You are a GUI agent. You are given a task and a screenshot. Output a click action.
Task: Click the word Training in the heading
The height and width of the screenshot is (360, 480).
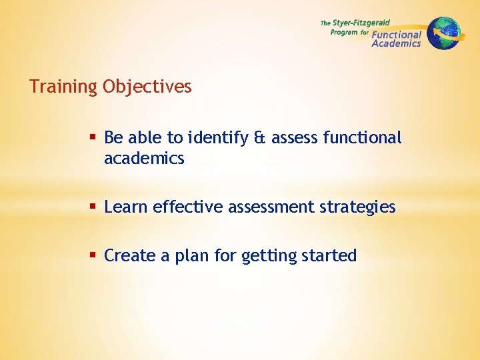pos(63,87)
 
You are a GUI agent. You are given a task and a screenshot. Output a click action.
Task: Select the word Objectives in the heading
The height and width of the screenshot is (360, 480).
pos(147,87)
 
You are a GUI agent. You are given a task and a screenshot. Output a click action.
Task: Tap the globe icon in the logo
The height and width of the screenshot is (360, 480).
pos(443,33)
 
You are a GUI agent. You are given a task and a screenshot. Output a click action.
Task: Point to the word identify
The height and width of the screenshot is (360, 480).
pos(217,138)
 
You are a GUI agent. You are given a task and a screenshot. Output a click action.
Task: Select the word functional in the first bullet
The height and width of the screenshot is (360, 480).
pos(362,138)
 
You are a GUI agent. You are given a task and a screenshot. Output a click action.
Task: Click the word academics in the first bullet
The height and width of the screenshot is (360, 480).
pos(144,159)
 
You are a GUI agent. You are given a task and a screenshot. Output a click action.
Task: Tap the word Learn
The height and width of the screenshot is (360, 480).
pos(126,207)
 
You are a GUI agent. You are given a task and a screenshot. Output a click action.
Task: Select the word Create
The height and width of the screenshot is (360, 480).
pos(130,255)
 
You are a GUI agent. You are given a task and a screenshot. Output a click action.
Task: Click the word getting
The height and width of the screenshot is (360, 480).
pos(268,256)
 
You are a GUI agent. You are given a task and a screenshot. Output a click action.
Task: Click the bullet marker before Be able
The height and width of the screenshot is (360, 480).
pos(94,138)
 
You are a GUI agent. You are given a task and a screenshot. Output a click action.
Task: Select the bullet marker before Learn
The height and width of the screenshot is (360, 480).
pos(94,207)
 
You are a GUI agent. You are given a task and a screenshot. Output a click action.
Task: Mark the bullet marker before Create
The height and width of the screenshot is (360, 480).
pos(94,255)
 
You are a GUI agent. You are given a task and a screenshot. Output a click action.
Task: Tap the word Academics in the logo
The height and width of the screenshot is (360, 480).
pos(396,43)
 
